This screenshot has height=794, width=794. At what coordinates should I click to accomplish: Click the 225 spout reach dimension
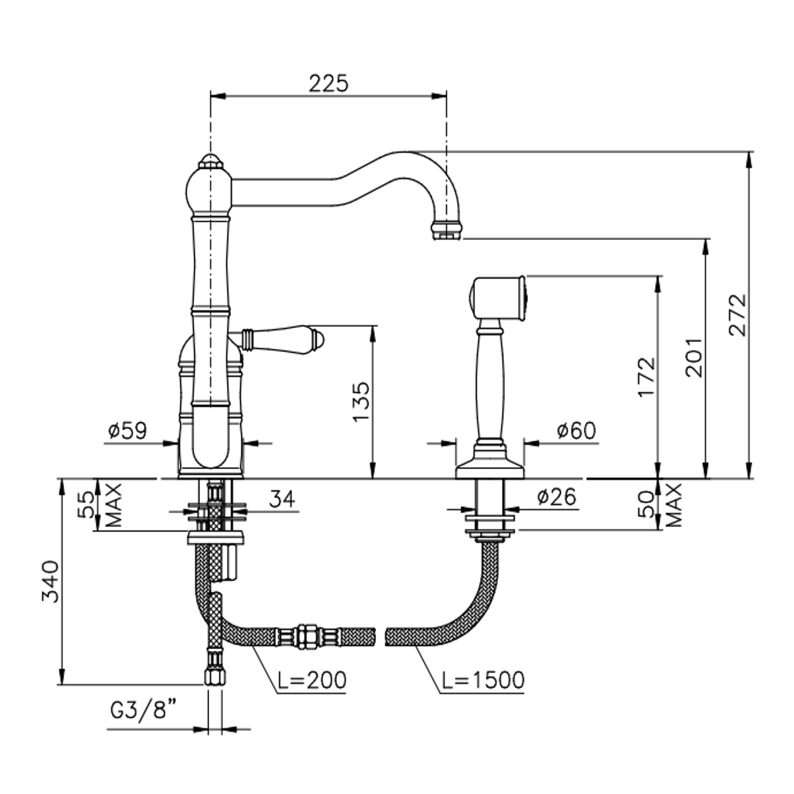[328, 83]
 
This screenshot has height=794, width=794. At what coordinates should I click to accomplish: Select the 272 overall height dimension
[737, 314]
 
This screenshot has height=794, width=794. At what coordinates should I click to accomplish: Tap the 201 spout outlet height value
[694, 358]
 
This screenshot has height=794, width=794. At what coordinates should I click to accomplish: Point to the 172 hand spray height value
[647, 376]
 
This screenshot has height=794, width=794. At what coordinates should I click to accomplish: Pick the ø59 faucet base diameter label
[127, 430]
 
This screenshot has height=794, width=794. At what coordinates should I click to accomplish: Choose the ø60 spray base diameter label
[576, 430]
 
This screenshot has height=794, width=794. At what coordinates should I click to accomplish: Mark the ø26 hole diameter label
[556, 497]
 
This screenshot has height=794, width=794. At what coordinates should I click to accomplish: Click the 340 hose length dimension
[50, 581]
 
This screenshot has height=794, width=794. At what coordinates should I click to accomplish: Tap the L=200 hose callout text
[312, 680]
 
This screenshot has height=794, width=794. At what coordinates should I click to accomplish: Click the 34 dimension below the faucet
[282, 499]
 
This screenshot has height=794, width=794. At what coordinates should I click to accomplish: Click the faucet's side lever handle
[282, 340]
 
